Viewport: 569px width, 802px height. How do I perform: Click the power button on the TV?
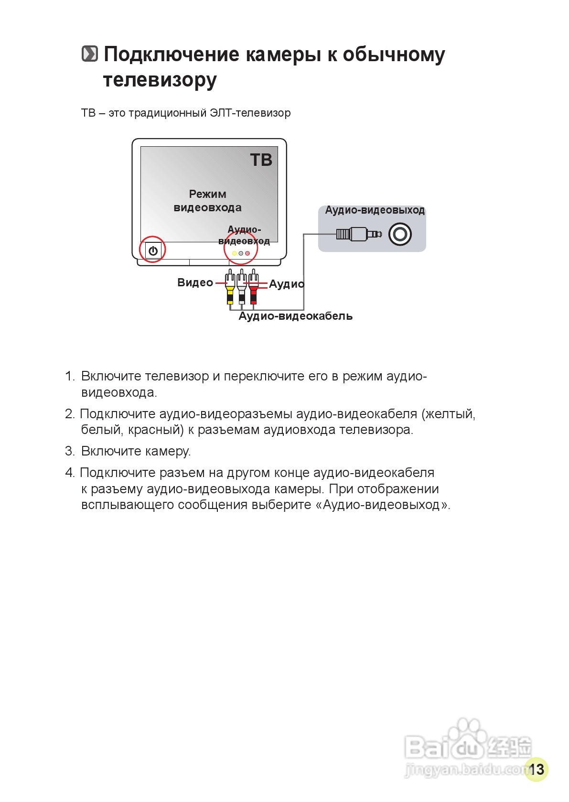[153, 250]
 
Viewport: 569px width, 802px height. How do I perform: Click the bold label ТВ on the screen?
[261, 160]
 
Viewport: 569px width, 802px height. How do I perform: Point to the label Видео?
[195, 282]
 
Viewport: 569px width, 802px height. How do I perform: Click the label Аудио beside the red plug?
[286, 284]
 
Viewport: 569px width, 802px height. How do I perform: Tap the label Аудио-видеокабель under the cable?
[295, 316]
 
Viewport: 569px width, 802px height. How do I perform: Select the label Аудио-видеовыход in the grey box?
[375, 210]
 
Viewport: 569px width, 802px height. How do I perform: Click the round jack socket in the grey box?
[400, 234]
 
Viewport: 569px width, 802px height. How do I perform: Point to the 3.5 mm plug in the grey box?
[358, 234]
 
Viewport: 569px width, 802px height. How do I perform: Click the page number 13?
[536, 769]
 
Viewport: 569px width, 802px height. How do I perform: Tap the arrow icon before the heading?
[89, 54]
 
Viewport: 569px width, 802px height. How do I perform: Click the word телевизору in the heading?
[160, 80]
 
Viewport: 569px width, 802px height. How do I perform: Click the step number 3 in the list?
[69, 451]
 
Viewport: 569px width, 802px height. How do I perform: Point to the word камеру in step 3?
[171, 451]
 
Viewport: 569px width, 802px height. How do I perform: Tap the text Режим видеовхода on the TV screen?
[207, 201]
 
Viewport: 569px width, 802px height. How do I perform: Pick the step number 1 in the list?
[69, 376]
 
